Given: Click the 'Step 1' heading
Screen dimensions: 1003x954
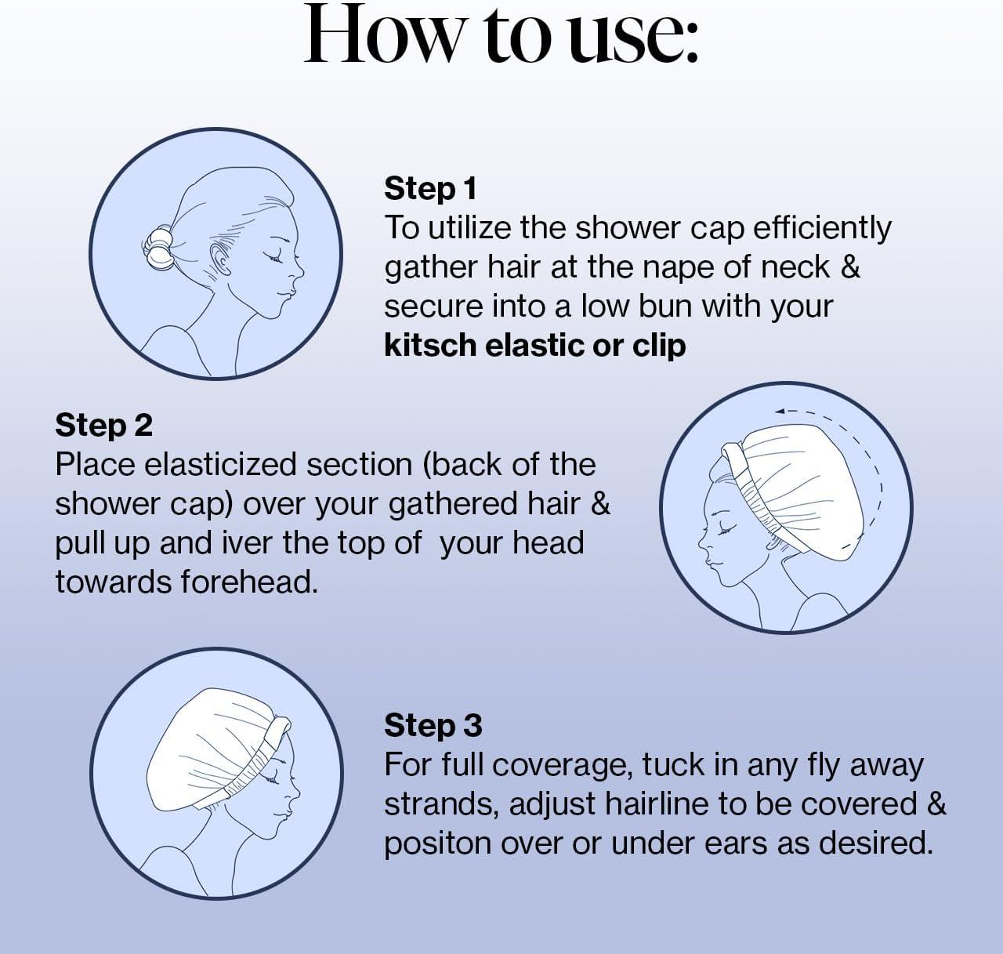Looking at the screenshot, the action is coord(430,189).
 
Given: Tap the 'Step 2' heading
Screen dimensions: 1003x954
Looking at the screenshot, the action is coord(103,425).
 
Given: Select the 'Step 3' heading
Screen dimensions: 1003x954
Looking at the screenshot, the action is coord(433,725).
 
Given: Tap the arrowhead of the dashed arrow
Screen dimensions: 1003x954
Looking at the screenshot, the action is coord(779,411).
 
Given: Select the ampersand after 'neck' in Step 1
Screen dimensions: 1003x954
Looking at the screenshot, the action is coord(850,267).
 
